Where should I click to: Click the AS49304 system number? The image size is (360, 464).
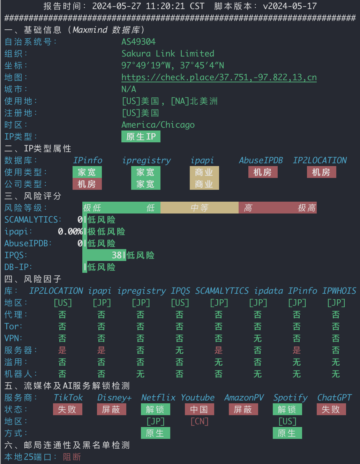[138, 42]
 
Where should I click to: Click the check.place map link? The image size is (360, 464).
[219, 77]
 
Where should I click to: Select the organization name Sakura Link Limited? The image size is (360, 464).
[167, 53]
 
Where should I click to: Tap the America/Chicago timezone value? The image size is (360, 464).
[158, 125]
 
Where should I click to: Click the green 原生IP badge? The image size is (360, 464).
[141, 136]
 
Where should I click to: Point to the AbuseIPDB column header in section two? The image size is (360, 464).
[261, 160]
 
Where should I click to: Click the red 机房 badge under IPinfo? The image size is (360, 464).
[87, 184]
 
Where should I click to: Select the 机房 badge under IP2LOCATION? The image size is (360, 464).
[321, 172]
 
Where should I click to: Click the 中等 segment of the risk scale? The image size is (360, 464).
[200, 208]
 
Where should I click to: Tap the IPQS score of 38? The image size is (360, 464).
[117, 255]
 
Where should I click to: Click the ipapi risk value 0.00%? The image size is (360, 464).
[70, 231]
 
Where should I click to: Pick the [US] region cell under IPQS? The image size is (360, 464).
[180, 303]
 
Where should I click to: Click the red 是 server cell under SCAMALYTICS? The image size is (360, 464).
[219, 350]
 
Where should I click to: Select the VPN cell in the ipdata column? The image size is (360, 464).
[258, 338]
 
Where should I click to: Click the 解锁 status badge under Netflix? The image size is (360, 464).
[156, 409]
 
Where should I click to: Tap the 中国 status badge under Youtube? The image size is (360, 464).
[200, 409]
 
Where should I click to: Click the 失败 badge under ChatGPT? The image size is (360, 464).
[331, 409]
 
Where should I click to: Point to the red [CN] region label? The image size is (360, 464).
[200, 421]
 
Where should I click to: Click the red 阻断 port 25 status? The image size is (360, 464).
[72, 457]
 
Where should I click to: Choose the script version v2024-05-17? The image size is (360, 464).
[290, 6]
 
